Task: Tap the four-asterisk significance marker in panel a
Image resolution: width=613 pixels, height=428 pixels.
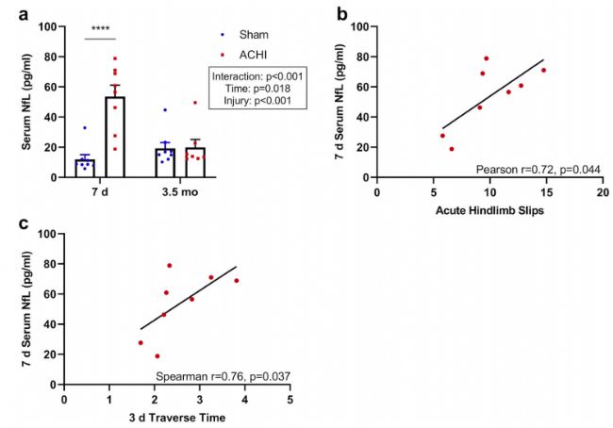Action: [101, 28]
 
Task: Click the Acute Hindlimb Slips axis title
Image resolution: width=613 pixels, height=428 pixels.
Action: [489, 209]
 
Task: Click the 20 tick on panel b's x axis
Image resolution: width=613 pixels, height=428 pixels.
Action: [602, 192]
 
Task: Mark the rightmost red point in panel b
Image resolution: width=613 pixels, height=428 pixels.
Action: [543, 70]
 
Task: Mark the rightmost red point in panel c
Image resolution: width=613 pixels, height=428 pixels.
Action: [236, 280]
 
